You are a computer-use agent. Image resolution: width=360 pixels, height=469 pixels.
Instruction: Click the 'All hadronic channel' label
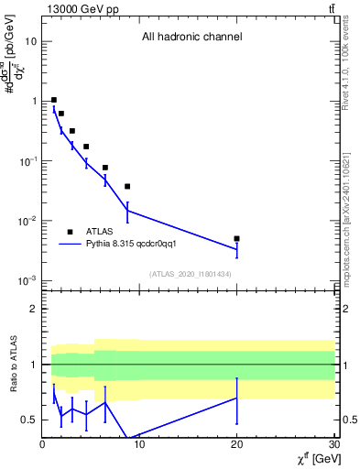tap(191, 38)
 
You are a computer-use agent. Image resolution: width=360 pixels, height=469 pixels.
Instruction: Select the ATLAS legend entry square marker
tap(70, 232)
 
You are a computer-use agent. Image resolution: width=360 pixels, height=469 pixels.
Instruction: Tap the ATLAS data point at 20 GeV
tap(236, 238)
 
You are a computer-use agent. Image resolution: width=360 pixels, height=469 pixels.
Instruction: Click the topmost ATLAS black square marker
tap(54, 100)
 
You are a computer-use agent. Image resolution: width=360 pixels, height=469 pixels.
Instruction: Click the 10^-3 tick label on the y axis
tap(27, 280)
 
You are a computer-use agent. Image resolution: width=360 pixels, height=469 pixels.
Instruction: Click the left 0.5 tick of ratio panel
tap(29, 420)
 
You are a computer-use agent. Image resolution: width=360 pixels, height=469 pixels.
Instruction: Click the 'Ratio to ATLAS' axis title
tap(12, 365)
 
